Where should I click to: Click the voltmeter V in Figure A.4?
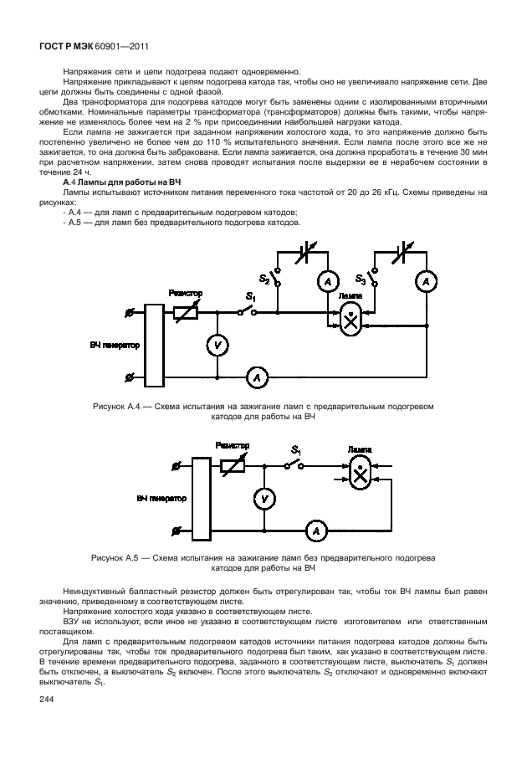point(217,345)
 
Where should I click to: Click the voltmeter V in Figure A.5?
point(263,499)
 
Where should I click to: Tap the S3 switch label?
point(360,279)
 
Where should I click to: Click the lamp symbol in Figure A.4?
point(351,319)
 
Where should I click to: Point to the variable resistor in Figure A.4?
point(185,312)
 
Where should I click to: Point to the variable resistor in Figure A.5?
point(232,464)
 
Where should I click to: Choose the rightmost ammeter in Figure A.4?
point(426,283)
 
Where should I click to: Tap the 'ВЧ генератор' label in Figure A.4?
point(115,344)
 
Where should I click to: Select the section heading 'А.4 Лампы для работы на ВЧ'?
point(123,182)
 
